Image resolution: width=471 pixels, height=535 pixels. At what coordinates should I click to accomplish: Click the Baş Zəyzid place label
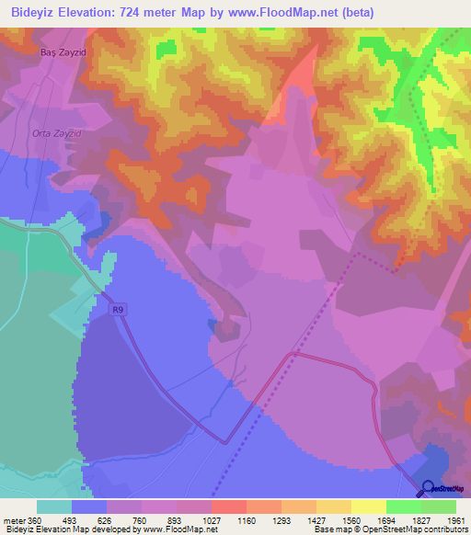[62, 53]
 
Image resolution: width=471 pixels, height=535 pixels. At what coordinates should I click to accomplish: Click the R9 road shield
[117, 310]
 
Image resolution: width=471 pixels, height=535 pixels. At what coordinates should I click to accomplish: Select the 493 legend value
[72, 519]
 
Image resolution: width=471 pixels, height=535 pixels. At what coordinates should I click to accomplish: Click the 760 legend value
[142, 519]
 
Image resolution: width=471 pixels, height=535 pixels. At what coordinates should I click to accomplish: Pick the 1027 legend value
[212, 519]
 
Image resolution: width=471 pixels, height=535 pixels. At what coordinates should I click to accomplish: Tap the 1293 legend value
[281, 519]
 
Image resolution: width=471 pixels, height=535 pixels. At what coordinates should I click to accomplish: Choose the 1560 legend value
[351, 519]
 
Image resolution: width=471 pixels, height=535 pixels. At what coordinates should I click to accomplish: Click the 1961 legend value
[456, 519]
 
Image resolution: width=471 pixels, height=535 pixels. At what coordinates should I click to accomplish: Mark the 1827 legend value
[421, 519]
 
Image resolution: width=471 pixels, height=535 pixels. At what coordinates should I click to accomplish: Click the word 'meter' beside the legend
[14, 519]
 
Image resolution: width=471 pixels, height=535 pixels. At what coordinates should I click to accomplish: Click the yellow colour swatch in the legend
[369, 507]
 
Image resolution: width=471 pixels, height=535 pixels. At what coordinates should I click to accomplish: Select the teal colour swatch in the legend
[54, 507]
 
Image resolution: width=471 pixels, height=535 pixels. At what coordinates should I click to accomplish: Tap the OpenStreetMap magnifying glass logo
[429, 488]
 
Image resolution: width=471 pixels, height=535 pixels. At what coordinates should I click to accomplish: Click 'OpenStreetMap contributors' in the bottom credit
[419, 530]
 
